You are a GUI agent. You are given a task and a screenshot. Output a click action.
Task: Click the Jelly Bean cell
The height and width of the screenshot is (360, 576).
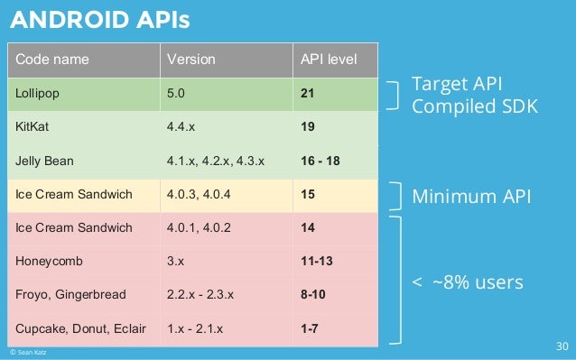pyautogui.click(x=43, y=162)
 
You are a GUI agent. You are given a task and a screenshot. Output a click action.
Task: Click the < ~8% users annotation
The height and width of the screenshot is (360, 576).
pyautogui.click(x=467, y=282)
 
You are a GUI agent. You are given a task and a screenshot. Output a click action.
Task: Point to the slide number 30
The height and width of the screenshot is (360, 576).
pyautogui.click(x=561, y=346)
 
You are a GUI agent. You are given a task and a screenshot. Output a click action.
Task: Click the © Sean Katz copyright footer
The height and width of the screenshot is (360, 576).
pyautogui.click(x=24, y=353)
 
